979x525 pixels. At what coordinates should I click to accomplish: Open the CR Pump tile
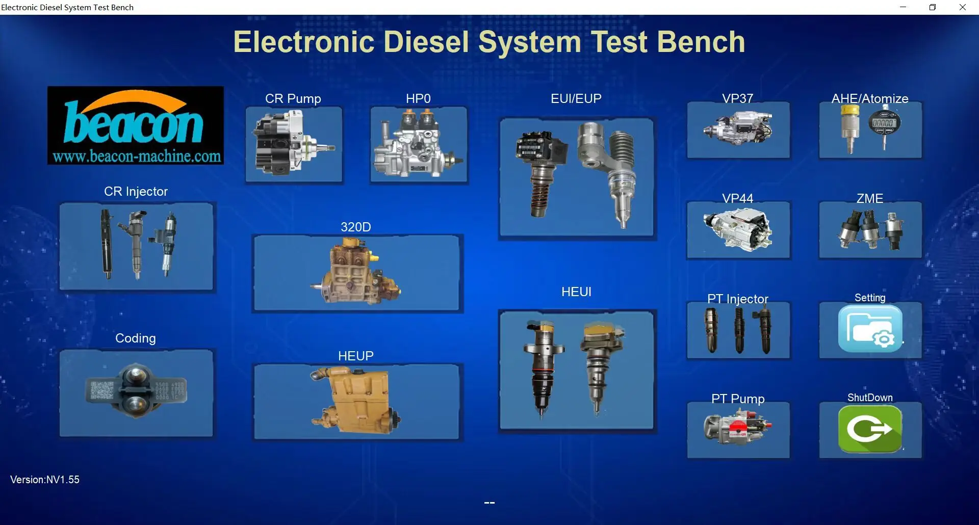click(294, 144)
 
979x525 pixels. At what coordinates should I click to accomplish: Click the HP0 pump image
click(418, 144)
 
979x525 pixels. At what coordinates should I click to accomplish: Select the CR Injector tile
click(136, 247)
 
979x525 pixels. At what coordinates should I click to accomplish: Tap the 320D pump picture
click(357, 273)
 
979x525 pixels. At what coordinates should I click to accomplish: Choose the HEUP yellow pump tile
click(357, 401)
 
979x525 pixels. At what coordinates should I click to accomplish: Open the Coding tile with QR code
click(136, 392)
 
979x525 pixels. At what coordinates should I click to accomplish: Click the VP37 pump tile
click(738, 129)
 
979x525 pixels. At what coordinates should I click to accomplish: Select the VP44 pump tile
click(738, 229)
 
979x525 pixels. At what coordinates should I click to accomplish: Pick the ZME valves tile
click(870, 229)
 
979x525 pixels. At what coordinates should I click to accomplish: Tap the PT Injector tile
click(738, 330)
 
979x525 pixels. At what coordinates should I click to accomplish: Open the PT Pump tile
click(738, 430)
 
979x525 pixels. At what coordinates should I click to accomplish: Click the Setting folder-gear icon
click(870, 329)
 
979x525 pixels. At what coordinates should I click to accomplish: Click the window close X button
click(963, 7)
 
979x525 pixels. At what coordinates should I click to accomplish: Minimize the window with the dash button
click(903, 7)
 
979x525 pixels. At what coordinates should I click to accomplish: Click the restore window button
click(933, 7)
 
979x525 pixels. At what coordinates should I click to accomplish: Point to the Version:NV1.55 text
click(45, 480)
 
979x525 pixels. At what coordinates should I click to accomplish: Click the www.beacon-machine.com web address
click(137, 156)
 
